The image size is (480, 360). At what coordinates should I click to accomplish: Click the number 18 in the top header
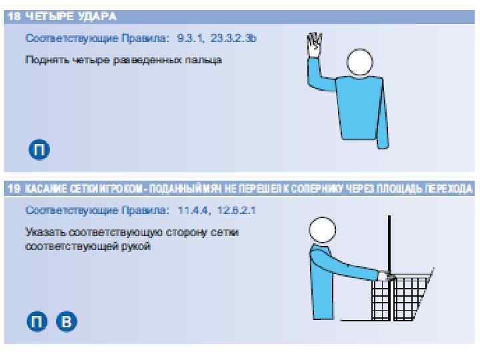(x=14, y=16)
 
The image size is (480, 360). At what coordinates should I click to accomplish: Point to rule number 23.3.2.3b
(x=233, y=38)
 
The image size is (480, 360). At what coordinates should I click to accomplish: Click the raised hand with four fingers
(x=315, y=45)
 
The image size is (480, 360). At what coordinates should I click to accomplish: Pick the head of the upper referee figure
(x=360, y=62)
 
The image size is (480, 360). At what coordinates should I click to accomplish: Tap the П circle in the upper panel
(x=39, y=149)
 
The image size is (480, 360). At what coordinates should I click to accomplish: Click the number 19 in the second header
(x=14, y=188)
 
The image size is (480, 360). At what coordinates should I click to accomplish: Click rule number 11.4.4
(x=193, y=210)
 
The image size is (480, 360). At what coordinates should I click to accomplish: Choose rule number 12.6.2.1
(x=236, y=210)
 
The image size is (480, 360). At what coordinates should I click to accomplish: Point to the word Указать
(x=46, y=232)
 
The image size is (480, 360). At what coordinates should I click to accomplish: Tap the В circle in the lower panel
(x=67, y=321)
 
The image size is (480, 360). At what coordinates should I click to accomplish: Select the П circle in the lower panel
(x=37, y=321)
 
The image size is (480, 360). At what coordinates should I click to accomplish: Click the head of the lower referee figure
(x=323, y=230)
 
